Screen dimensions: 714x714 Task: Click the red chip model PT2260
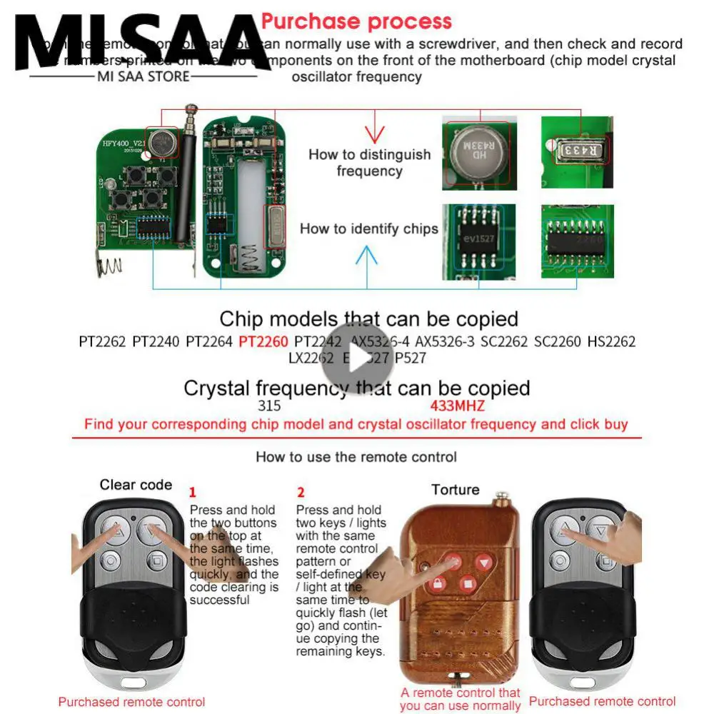pos(263,342)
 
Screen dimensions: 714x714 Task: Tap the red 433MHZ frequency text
pos(457,406)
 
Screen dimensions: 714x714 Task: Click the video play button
pos(357,357)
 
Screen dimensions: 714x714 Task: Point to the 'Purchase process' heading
pos(356,21)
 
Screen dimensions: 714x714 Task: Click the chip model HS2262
pos(611,342)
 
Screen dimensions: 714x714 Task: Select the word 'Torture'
pos(455,490)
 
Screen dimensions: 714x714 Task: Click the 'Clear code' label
pos(136,485)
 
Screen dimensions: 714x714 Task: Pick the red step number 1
pos(192,493)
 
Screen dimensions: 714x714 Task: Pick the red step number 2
pos(301,493)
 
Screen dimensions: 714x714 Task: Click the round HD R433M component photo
pos(477,152)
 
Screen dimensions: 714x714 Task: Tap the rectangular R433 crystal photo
pos(577,151)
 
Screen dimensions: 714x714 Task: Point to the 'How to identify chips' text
pos(369,229)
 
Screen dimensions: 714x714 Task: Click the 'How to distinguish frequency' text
pos(369,163)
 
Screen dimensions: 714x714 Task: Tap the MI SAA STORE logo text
pos(143,76)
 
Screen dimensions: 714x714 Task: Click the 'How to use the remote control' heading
pos(356,457)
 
